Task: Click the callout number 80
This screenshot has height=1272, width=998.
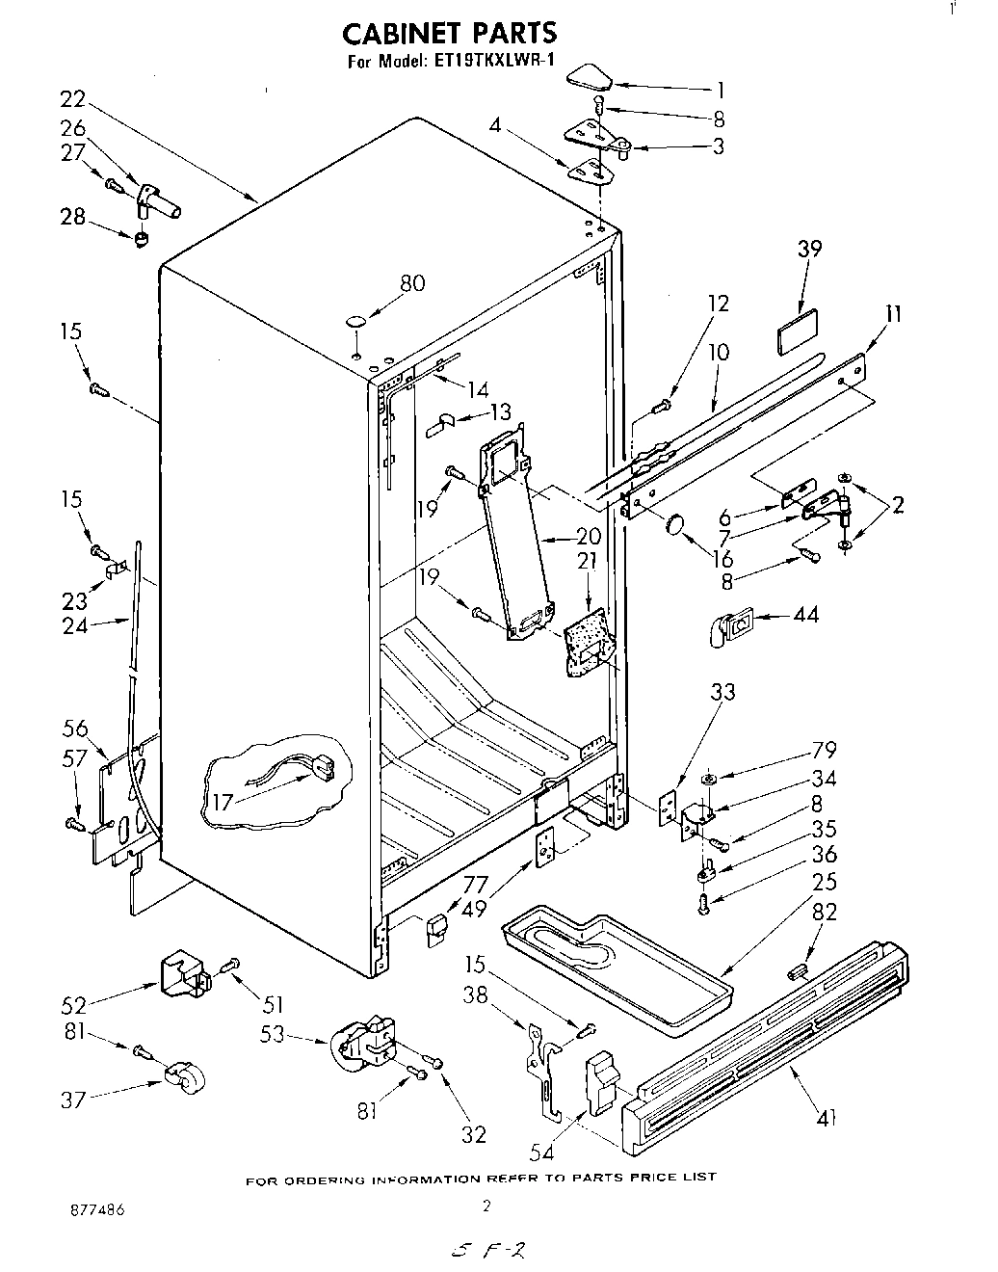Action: coord(413,283)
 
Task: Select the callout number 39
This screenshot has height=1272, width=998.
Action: coord(809,249)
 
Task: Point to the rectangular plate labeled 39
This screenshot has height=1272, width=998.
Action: coord(797,331)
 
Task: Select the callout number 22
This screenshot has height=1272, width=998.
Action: coord(72,98)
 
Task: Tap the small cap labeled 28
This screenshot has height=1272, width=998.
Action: coord(143,237)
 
